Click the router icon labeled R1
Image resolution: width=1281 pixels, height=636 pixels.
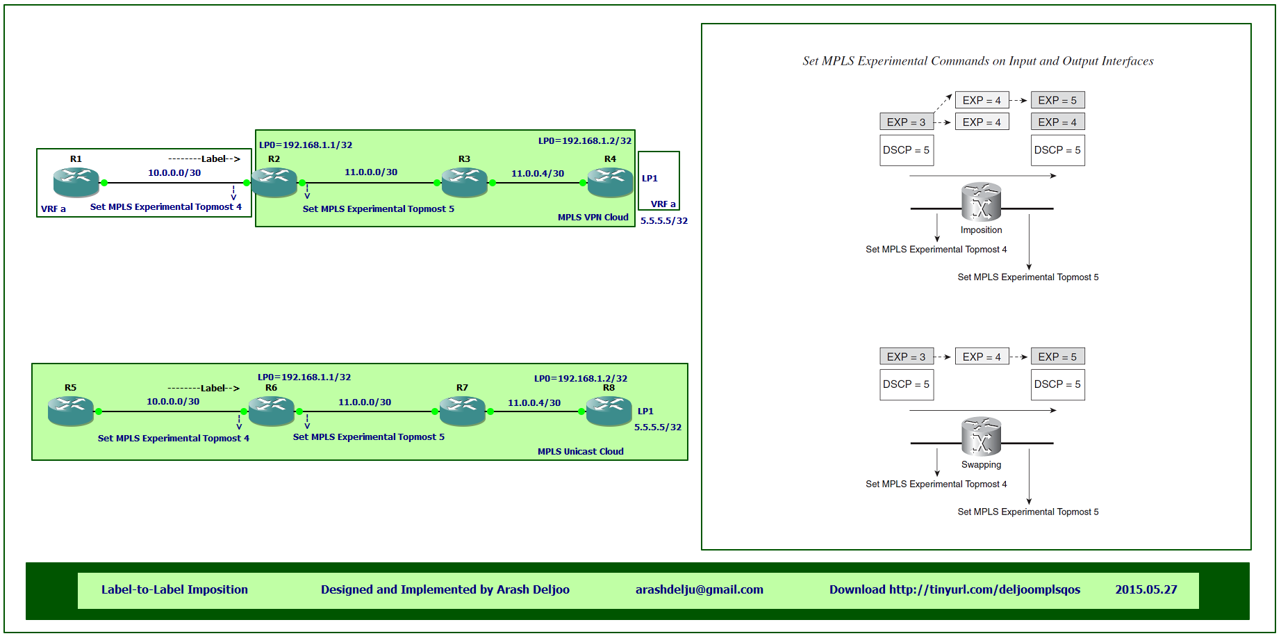tap(76, 183)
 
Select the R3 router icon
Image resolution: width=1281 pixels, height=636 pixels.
tap(465, 183)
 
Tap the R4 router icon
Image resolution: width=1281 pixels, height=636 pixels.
tap(611, 183)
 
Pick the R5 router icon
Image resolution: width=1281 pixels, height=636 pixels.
tap(71, 411)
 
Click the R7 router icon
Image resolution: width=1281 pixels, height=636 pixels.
tap(463, 411)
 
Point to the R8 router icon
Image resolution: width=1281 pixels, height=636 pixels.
tap(609, 411)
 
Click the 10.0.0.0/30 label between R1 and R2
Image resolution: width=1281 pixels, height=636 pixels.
tap(174, 173)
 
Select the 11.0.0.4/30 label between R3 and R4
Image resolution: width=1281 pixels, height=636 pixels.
tap(538, 174)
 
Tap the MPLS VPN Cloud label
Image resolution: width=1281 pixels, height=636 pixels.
tap(593, 218)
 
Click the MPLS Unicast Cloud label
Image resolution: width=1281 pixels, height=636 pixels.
tap(581, 452)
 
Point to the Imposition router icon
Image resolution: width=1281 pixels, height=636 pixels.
tap(982, 202)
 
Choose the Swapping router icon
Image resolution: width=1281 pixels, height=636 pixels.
tap(982, 437)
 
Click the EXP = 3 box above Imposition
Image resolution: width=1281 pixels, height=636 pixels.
tap(907, 122)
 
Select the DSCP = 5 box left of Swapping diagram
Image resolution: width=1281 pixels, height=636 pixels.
tap(907, 384)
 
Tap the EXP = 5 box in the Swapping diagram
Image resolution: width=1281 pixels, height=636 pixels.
tap(1058, 357)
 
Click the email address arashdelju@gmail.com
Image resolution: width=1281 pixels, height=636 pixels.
tap(700, 589)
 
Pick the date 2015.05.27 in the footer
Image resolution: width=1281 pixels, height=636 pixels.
tap(1146, 589)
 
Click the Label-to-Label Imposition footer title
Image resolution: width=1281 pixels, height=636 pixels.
tap(174, 589)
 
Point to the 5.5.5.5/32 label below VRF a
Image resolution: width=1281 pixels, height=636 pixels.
tap(664, 221)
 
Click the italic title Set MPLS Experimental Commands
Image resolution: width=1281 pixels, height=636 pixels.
tap(978, 61)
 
